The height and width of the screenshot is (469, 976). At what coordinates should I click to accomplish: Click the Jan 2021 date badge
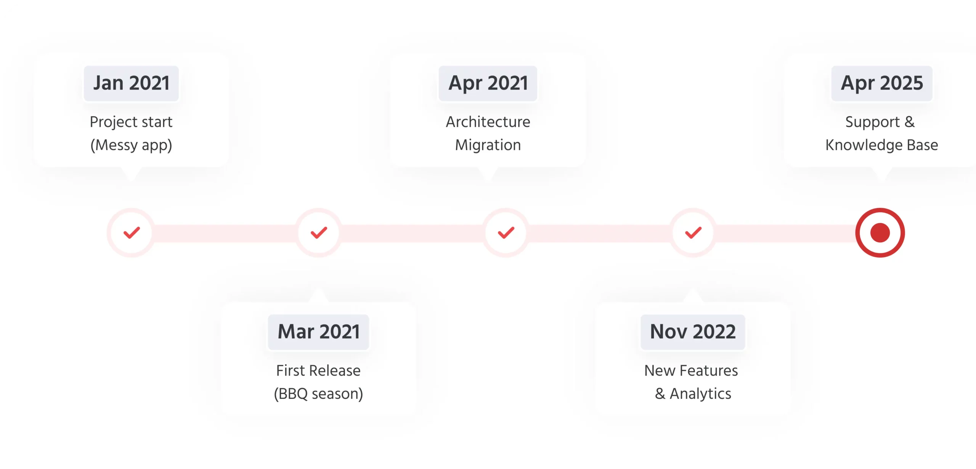coord(131,83)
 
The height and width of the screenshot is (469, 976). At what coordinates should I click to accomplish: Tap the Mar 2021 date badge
coord(318,332)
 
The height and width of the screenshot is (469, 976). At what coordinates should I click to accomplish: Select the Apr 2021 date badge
coord(488,83)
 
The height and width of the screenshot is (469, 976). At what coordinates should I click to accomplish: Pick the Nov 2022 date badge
coord(693,332)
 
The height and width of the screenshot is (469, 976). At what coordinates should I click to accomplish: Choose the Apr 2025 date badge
coord(882,83)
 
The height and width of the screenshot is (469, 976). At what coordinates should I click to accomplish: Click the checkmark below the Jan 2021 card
coord(132,232)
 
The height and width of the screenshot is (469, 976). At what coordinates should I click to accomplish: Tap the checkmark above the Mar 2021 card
coord(319,232)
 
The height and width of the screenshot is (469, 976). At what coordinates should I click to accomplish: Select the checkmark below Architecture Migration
coord(506,232)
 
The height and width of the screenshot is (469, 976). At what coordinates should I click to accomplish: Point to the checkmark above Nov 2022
coord(693,232)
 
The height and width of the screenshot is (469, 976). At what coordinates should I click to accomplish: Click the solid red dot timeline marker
coord(880,233)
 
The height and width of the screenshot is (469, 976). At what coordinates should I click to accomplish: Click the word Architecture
coord(488,122)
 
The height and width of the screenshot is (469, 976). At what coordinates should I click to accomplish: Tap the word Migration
coord(488,145)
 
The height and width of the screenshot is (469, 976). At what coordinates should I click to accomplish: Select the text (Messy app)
coord(131,146)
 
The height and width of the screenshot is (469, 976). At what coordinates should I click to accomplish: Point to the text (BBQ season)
coord(318,394)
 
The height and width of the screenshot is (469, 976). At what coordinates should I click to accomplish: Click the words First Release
coord(318,371)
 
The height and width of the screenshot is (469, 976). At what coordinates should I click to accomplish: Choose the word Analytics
coord(701,394)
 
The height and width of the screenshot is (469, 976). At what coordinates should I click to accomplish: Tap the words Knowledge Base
coord(882,145)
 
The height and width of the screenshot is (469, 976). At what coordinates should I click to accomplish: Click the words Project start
coord(131,122)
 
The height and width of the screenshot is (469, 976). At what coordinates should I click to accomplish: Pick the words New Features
coord(691,371)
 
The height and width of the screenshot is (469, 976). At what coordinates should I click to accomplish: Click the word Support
coord(872,122)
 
